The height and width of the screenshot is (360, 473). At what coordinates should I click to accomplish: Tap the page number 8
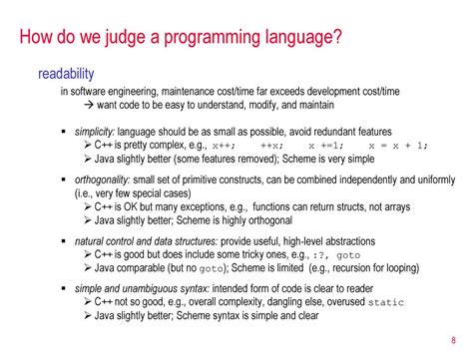(452, 335)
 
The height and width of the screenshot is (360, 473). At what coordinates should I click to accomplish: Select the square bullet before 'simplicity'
(64, 133)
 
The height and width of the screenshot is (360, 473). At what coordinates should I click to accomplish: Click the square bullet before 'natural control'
(64, 241)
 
